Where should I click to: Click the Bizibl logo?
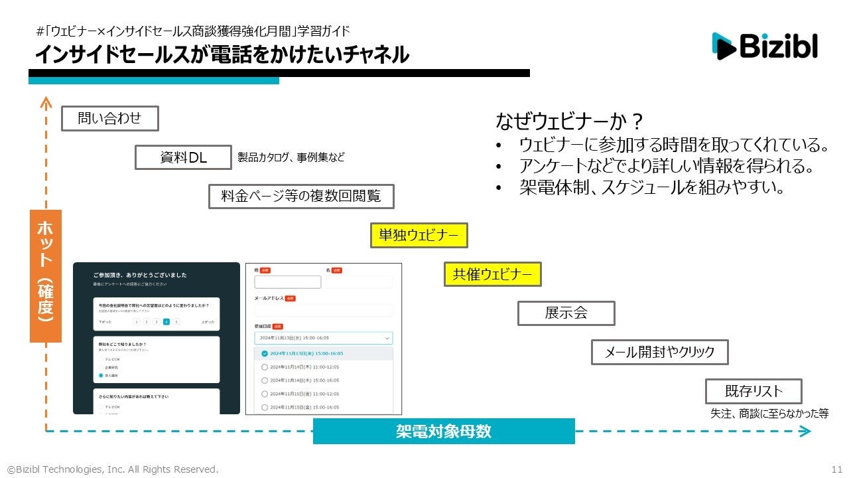point(765,46)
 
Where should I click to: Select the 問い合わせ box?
point(110,119)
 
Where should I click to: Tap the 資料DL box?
point(183,157)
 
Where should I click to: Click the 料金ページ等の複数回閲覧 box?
point(301,197)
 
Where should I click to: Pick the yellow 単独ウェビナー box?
point(419,235)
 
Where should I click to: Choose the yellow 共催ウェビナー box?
point(492,274)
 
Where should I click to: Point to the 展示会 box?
point(566,313)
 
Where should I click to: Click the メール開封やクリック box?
point(659,352)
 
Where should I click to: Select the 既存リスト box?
point(753,391)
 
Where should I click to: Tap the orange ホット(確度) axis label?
point(46,276)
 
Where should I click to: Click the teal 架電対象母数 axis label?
point(443,432)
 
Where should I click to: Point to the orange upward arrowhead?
point(46,102)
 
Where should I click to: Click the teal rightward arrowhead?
point(805,432)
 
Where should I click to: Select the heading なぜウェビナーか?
point(570,121)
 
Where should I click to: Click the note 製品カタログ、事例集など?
point(291,157)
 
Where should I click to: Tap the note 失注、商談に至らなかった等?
point(769,413)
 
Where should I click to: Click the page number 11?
point(836,469)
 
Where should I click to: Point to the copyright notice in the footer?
point(113,469)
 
